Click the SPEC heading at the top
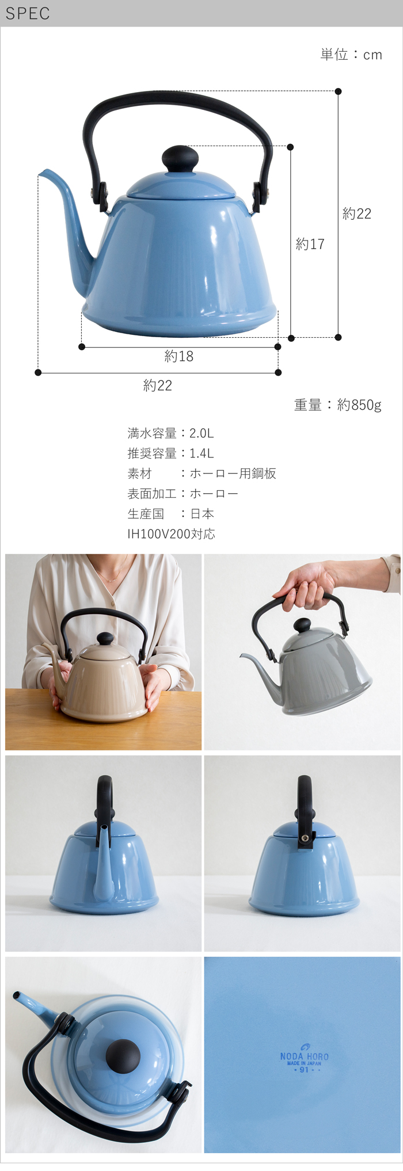pyautogui.click(x=28, y=13)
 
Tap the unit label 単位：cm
pyautogui.click(x=351, y=55)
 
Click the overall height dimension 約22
pyautogui.click(x=357, y=213)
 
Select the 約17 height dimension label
pyautogui.click(x=310, y=244)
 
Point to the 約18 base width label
pyautogui.click(x=179, y=356)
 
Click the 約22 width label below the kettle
pyautogui.click(x=158, y=385)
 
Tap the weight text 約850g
pyautogui.click(x=359, y=405)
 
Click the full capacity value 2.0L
pyautogui.click(x=201, y=433)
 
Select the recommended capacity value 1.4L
pyautogui.click(x=201, y=453)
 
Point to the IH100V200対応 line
pyautogui.click(x=172, y=534)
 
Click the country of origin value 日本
pyautogui.click(x=202, y=514)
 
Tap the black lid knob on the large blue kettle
pyautogui.click(x=180, y=158)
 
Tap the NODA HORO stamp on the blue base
pyautogui.click(x=304, y=1062)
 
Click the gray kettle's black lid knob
pyautogui.click(x=303, y=625)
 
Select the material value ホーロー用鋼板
pyautogui.click(x=233, y=474)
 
